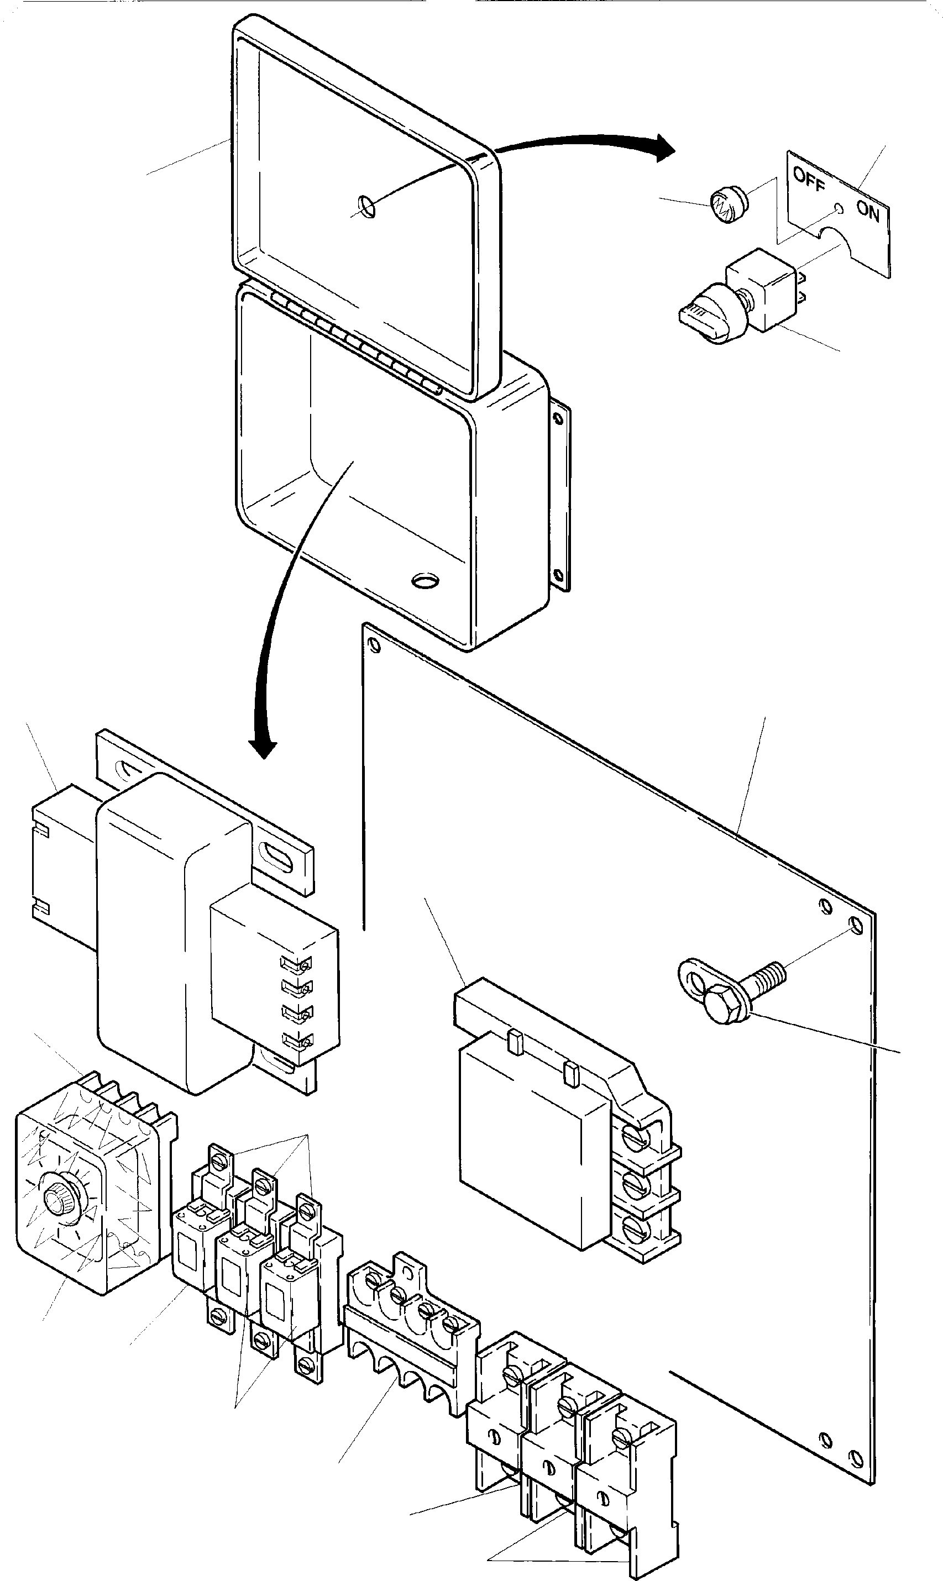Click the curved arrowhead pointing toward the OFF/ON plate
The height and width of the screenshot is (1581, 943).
pos(664,148)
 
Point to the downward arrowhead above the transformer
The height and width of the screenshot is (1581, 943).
pos(263,749)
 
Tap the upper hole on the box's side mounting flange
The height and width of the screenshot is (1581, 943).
pos(558,419)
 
